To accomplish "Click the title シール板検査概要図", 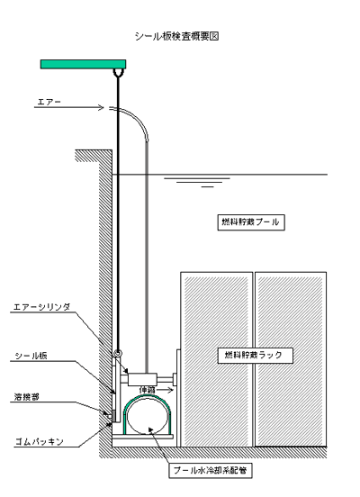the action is (x=176, y=36).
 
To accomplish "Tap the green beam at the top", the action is (x=84, y=64).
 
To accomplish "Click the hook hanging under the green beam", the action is (x=119, y=73).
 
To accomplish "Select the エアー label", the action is (x=49, y=102).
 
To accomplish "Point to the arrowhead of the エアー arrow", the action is (x=102, y=107).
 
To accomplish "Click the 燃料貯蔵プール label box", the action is (x=251, y=222).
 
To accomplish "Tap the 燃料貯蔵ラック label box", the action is (x=255, y=356).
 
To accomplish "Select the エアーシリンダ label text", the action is (x=41, y=307).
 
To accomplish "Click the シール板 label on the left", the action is (x=31, y=356).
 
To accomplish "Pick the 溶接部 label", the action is (x=27, y=397).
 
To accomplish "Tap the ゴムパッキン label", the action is (x=40, y=441).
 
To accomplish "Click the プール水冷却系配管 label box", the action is (x=211, y=470).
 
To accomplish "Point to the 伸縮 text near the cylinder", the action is (x=147, y=390).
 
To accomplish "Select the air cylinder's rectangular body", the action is (x=142, y=379).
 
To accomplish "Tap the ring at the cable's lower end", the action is (x=118, y=353).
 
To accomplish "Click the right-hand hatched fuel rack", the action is (x=291, y=359).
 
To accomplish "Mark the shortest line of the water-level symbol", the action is (x=208, y=187).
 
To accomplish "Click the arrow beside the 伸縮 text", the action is (x=164, y=390).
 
